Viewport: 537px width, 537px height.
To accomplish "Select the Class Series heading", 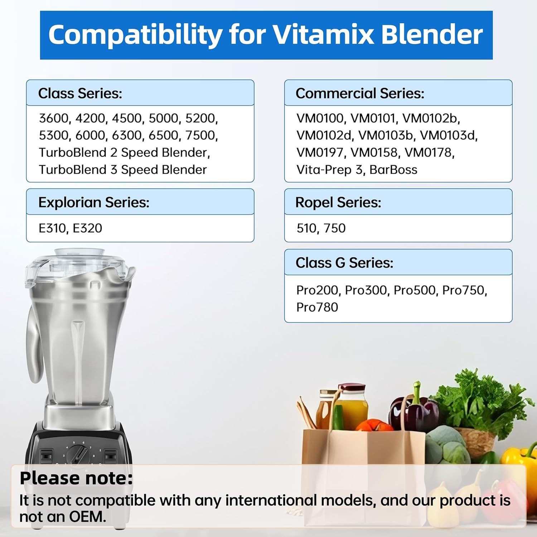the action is click(x=80, y=93).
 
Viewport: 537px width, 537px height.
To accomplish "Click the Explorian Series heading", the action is click(x=94, y=202).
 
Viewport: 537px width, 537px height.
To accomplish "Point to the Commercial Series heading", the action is click(x=360, y=93).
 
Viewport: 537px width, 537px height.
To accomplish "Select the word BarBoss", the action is click(x=393, y=169).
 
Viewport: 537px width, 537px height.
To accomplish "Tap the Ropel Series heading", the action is click(x=338, y=202).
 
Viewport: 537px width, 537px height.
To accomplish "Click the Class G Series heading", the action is click(x=344, y=263).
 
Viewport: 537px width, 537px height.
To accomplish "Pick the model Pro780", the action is click(x=317, y=307).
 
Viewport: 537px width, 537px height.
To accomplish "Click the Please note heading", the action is click(x=76, y=478).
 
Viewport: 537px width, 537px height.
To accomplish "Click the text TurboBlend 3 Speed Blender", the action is click(x=123, y=169).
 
